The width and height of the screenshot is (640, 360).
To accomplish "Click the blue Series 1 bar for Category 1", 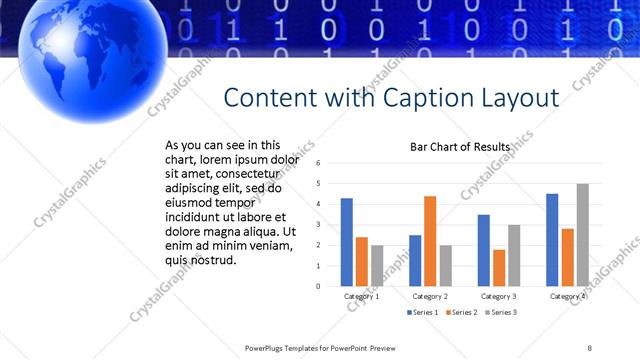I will point(346,242).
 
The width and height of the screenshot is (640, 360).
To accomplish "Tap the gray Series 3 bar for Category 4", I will point(582,235).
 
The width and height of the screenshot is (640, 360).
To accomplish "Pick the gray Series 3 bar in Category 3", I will point(514,255).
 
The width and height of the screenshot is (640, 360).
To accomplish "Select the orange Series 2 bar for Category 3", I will point(499,267).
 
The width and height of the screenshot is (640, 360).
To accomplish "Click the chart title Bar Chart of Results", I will point(460,147).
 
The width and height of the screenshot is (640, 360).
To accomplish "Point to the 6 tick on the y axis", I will point(318,163).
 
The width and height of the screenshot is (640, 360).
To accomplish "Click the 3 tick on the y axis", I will point(318,225).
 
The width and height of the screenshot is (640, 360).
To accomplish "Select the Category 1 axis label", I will point(361,296).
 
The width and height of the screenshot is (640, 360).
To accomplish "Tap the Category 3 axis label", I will point(498,296).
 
